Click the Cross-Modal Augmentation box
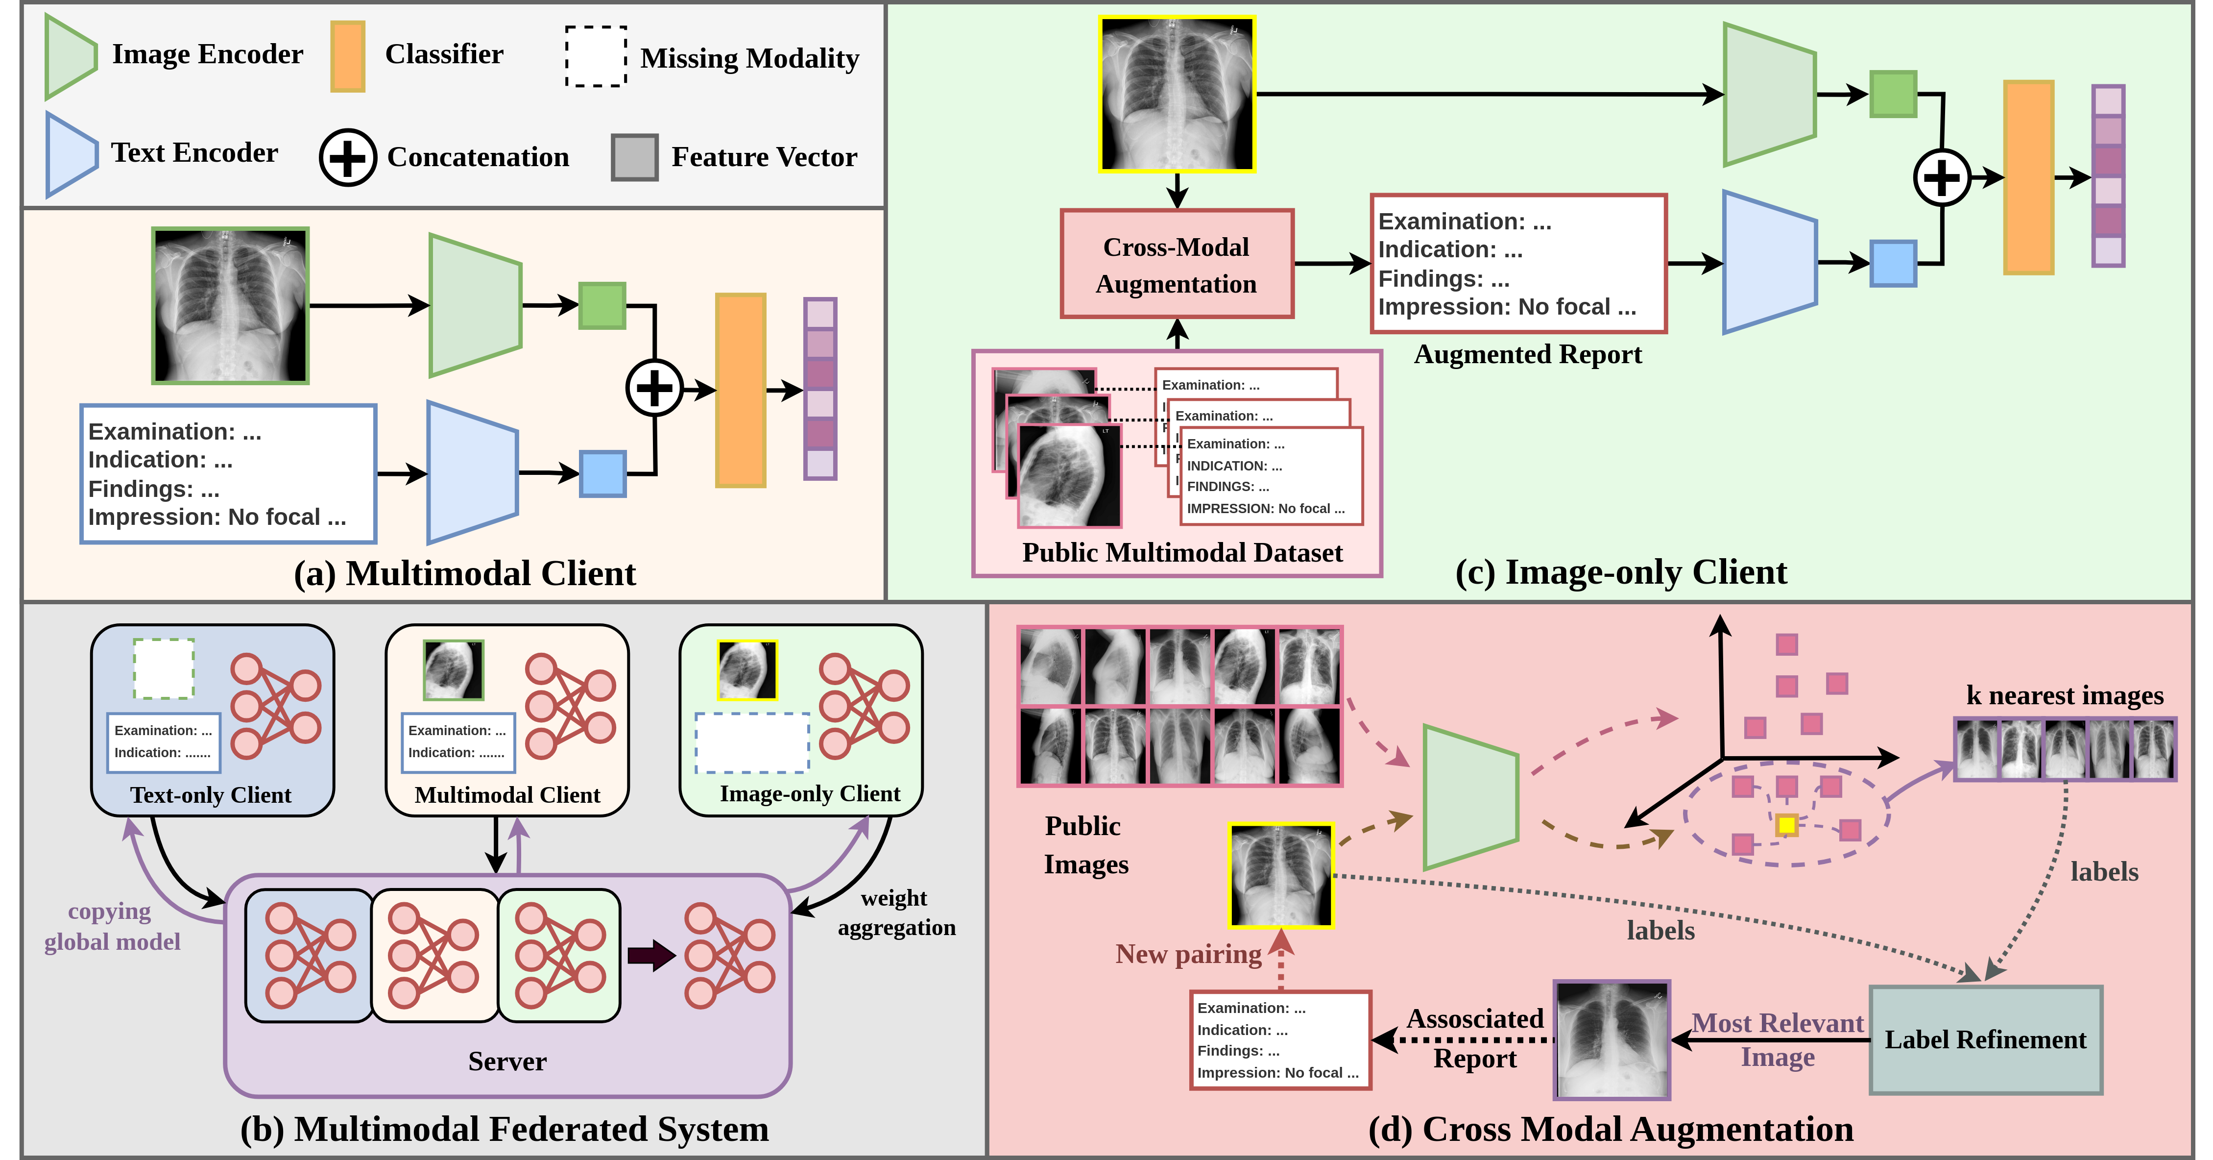tap(1176, 265)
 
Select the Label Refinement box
tap(1985, 1040)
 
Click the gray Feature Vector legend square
tap(634, 157)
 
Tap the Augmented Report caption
tap(1527, 354)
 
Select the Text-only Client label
tap(211, 795)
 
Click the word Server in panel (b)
tap(507, 1061)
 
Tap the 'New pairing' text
tap(1188, 954)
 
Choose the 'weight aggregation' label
tap(896, 913)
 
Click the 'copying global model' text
tap(112, 926)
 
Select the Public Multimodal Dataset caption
tap(1181, 552)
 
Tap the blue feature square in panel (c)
tap(1893, 264)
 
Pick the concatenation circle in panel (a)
tap(654, 389)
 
